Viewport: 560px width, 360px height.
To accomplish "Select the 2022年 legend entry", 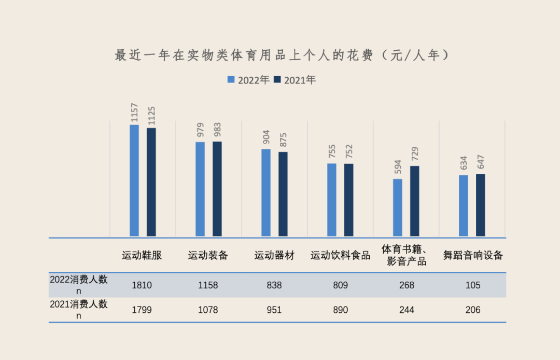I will pos(248,80).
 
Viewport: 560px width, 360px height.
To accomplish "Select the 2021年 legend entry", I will pos(295,80).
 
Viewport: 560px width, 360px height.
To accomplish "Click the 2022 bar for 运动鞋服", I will pos(134,181).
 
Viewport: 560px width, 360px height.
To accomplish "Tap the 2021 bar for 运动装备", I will pos(217,189).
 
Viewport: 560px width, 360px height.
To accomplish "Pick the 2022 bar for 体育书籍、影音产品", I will pos(398,207).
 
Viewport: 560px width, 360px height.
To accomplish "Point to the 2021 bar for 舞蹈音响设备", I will pos(481,205).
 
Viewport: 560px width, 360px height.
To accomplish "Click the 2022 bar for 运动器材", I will pos(266,192).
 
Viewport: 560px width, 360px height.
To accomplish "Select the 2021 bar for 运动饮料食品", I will pos(349,200).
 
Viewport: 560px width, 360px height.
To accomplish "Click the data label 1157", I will pos(135,113).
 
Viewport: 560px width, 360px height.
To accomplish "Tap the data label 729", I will pos(415,155).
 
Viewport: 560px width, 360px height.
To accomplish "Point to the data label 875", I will pos(283,141).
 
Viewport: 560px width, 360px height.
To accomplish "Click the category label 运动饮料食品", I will pos(340,256).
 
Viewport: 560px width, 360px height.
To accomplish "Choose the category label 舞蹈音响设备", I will pos(472,256).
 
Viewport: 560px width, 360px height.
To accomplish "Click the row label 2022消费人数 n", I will pos(79,285).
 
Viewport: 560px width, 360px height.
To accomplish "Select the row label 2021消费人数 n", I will pos(79,310).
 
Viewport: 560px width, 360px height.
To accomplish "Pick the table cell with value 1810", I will pos(142,285).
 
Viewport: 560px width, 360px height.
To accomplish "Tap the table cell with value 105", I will pos(472,285).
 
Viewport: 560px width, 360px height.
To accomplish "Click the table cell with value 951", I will pos(274,310).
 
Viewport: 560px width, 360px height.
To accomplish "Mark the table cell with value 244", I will pos(407,310).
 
